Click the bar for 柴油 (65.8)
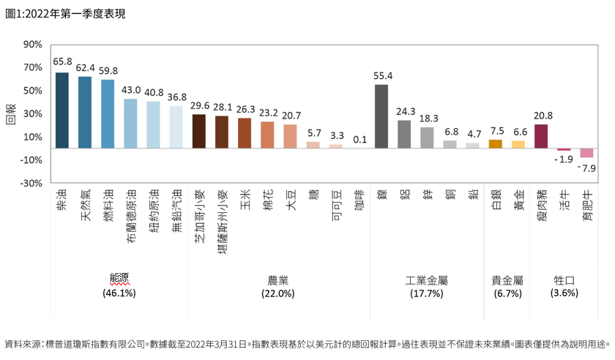click(61, 110)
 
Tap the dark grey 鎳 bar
click(381, 116)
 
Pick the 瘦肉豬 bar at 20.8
click(541, 136)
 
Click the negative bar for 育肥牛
click(586, 152)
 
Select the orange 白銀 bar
click(496, 143)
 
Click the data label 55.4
click(383, 75)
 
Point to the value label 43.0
click(131, 90)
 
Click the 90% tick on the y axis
click(32, 44)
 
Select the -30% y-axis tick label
click(30, 183)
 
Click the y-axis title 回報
click(10, 113)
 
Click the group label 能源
click(119, 280)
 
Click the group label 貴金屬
click(507, 280)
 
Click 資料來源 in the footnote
click(22, 343)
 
